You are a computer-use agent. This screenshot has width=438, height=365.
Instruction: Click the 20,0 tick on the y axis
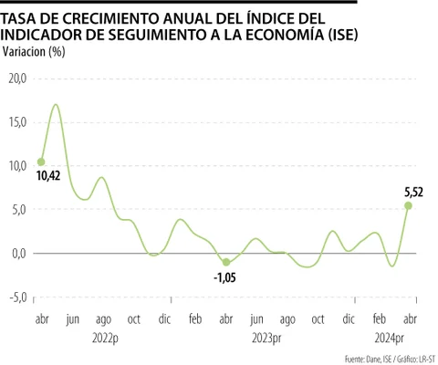click(x=17, y=78)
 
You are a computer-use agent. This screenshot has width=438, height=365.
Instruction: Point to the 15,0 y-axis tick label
click(x=17, y=122)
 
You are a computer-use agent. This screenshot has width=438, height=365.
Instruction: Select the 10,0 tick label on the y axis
click(x=17, y=166)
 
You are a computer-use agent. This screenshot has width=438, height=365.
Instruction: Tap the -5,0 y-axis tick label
click(x=17, y=297)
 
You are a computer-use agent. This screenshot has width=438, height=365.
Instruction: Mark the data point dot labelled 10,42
click(x=40, y=162)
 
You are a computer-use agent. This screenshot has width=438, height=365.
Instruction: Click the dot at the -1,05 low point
click(x=226, y=263)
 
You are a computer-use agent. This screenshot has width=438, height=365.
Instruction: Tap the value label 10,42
click(x=47, y=175)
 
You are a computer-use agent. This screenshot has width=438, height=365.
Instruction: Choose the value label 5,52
click(x=413, y=192)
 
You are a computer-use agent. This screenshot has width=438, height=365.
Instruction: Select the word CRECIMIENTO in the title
click(x=114, y=18)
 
